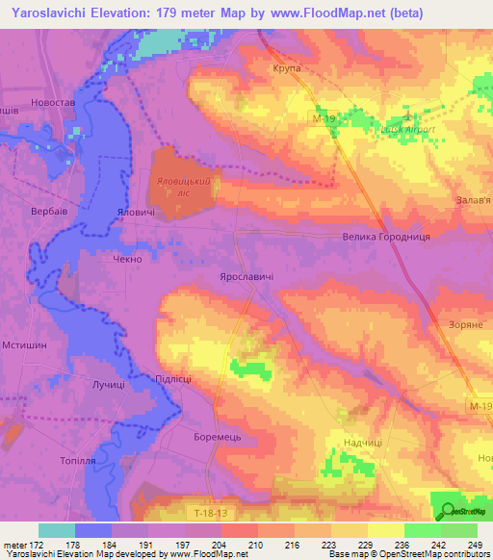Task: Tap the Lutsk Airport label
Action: click(409, 129)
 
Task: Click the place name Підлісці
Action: click(173, 378)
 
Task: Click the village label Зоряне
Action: click(466, 325)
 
